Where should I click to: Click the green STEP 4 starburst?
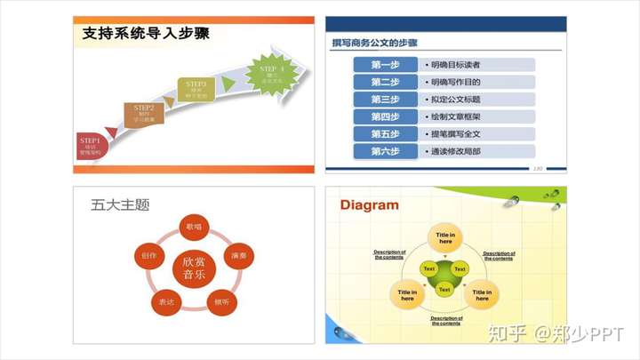tap(272, 73)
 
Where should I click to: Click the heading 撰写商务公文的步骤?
tap(375, 42)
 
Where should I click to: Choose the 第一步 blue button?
tap(385, 65)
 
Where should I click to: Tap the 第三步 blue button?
tap(385, 100)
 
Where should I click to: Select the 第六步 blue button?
tap(385, 151)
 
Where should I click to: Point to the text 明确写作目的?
tap(455, 82)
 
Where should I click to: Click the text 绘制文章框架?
tap(455, 116)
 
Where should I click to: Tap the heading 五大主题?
tap(120, 205)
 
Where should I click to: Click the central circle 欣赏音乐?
tap(194, 267)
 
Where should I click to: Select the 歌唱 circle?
tap(194, 228)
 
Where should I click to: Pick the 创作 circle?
tap(148, 256)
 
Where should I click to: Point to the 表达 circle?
tap(165, 302)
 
